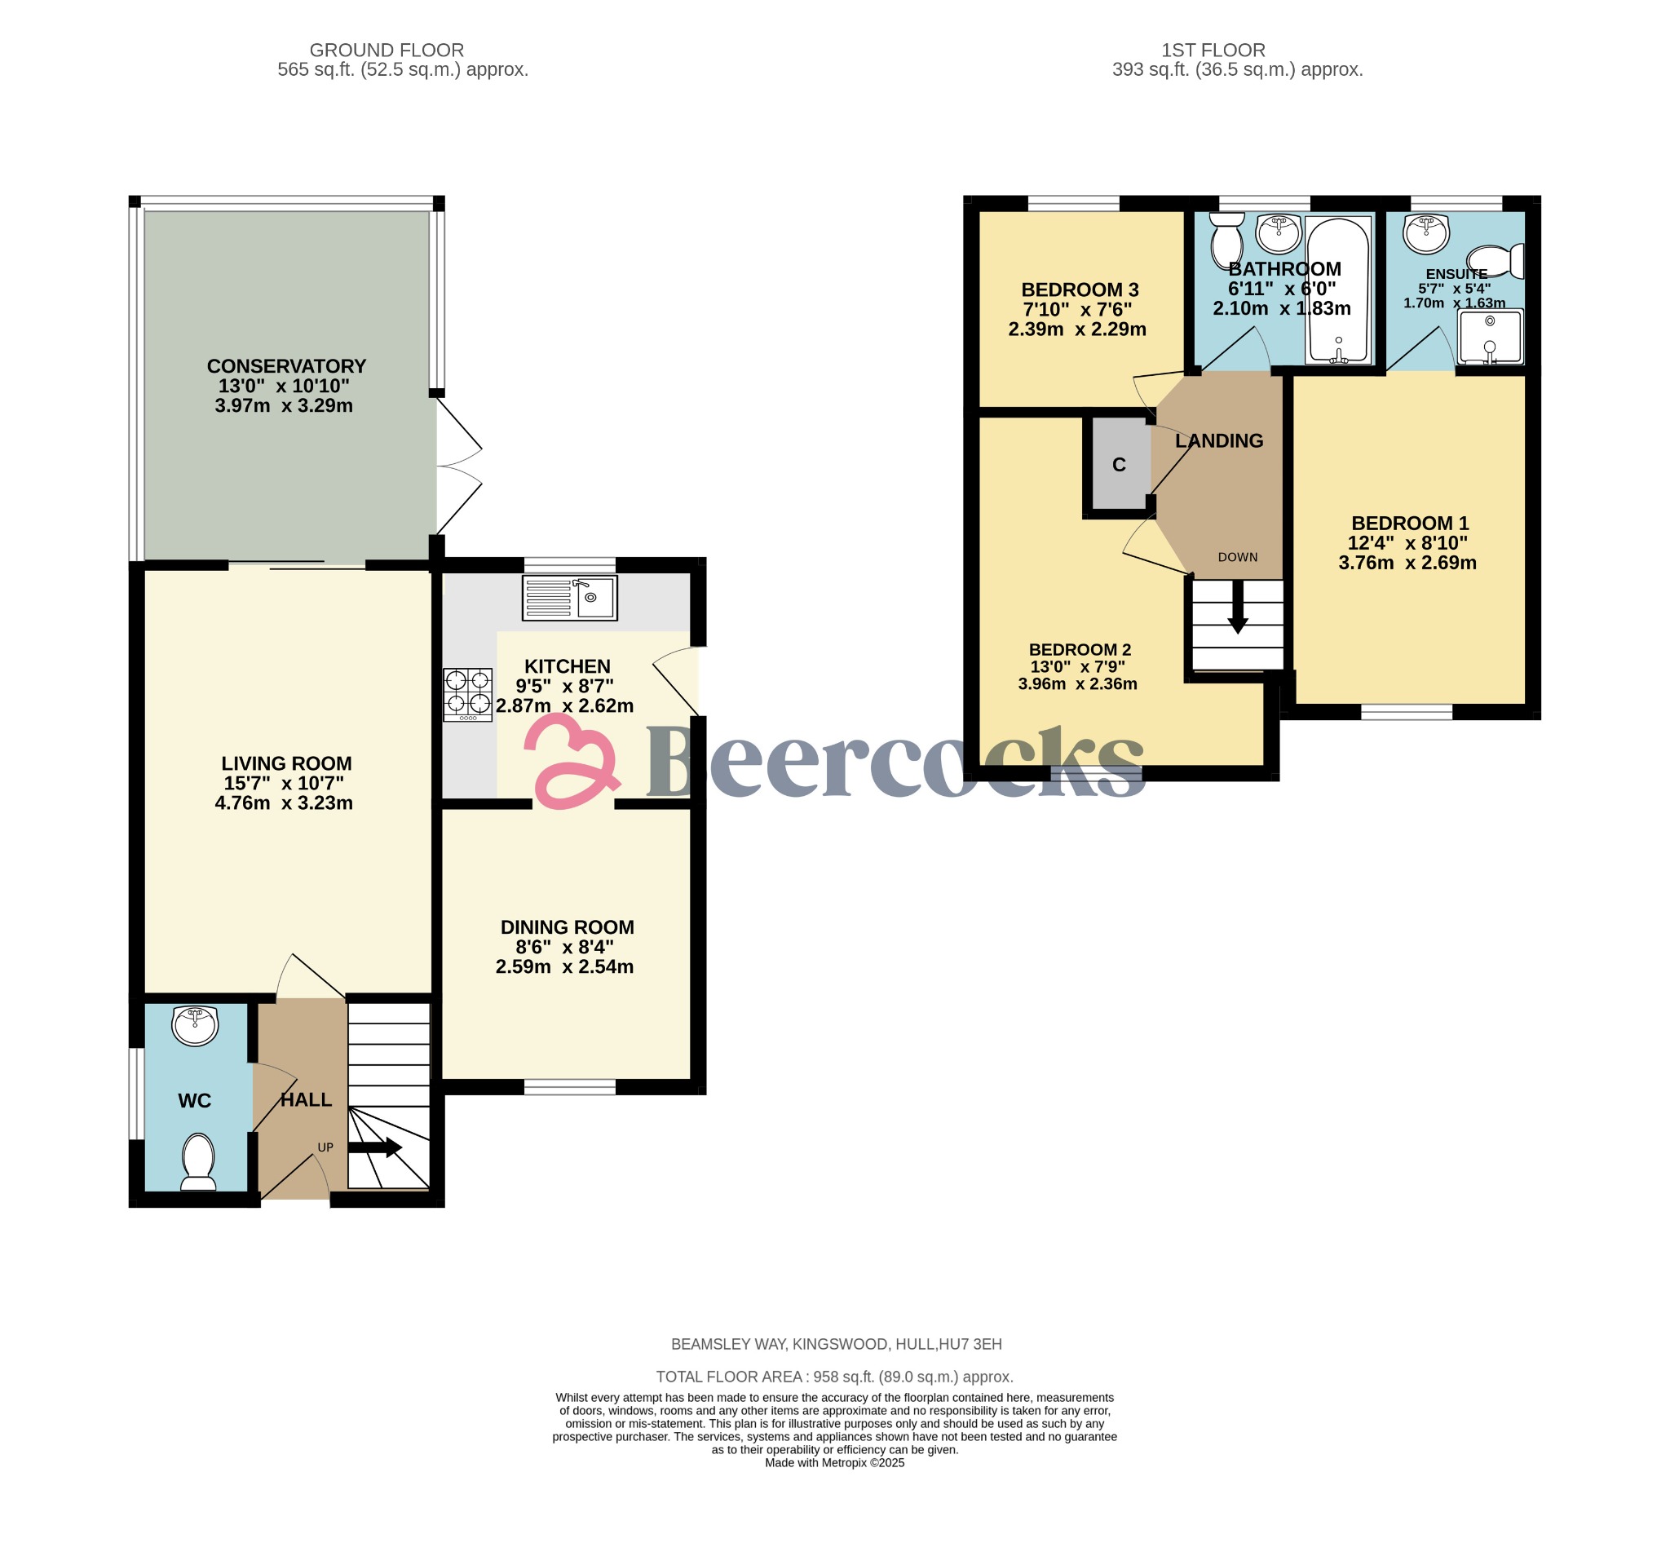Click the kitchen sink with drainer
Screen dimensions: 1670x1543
[x=569, y=598]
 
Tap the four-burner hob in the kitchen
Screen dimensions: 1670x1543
[x=467, y=695]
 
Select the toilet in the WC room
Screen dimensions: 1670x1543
[x=198, y=1161]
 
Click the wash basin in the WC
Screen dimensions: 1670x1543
[x=195, y=1026]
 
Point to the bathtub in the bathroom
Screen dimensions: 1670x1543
[x=1338, y=290]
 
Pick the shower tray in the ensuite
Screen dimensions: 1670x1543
[x=1491, y=337]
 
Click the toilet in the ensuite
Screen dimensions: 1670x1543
[x=1495, y=260]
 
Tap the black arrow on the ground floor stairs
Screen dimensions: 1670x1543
[x=375, y=1148]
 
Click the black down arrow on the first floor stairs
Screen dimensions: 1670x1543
[x=1238, y=606]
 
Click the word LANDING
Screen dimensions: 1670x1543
[x=1219, y=441]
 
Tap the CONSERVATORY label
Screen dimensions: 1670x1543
[x=286, y=366]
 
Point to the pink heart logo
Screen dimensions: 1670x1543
[x=572, y=761]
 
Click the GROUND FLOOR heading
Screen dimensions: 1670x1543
[x=387, y=50]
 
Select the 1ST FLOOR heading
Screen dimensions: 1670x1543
[x=1213, y=50]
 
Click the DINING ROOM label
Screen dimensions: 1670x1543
[x=567, y=927]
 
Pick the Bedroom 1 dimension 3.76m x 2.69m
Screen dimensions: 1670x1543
[x=1407, y=563]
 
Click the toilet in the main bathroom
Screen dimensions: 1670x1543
[x=1226, y=238]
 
